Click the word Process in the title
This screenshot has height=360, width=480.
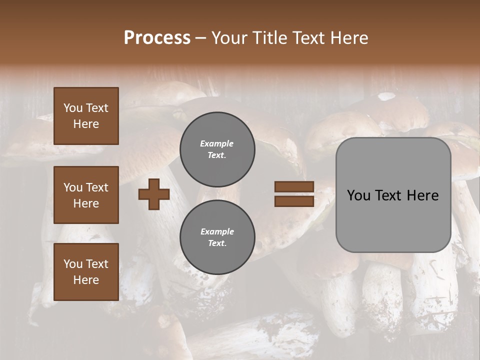pos(157,38)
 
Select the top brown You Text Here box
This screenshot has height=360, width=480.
pos(86,116)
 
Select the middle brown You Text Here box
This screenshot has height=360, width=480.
pos(86,195)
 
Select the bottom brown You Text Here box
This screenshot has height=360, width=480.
pos(86,272)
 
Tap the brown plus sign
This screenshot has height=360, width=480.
pos(154,194)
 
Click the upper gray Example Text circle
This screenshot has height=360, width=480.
pos(217,149)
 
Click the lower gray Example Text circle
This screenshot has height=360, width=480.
pos(217,237)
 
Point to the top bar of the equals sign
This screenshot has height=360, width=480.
pos(294,187)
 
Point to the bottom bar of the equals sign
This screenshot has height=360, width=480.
pos(294,201)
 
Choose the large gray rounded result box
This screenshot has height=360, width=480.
pos(393,195)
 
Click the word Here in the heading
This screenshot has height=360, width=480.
pos(347,38)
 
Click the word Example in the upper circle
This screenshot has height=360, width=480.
pos(217,143)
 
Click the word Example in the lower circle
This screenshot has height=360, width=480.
pos(217,231)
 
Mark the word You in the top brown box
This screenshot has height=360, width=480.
pos(72,108)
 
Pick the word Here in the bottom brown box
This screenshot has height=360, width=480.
pos(86,280)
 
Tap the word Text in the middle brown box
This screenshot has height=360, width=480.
pos(96,187)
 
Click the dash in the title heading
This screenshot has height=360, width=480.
pos(201,38)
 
